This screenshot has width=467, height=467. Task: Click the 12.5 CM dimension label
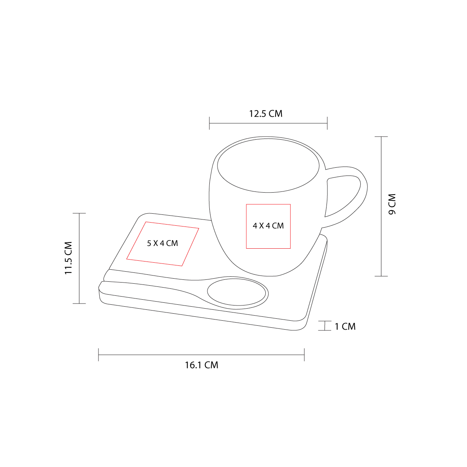(266, 114)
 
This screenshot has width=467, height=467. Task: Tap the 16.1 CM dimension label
(202, 365)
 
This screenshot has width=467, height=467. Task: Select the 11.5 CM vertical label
(68, 258)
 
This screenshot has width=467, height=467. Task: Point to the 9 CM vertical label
(392, 204)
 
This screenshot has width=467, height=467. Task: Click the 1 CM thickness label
(345, 327)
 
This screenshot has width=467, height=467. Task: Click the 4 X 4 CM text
(268, 226)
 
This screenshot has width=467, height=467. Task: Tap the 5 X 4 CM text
(162, 243)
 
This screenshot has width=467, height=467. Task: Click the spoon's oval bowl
(237, 293)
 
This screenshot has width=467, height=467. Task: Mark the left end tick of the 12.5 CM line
(209, 123)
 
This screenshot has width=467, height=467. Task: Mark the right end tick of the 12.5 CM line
(327, 123)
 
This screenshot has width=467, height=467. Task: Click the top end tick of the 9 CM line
(381, 137)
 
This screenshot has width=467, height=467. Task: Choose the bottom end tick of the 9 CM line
(381, 276)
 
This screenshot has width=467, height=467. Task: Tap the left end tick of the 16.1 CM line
(99, 355)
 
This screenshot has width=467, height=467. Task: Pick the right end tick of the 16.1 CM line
(304, 355)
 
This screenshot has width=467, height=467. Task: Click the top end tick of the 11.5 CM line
(79, 213)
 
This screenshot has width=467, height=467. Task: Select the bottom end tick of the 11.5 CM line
(79, 303)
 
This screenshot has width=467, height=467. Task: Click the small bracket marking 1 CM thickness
(325, 326)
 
